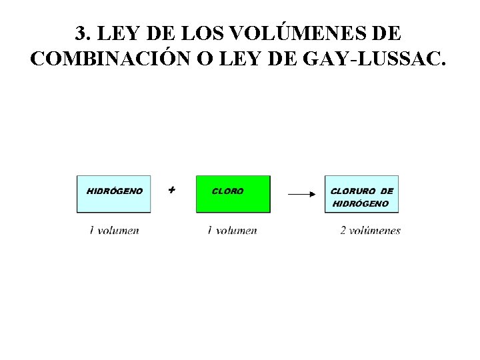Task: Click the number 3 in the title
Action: pyautogui.click(x=80, y=33)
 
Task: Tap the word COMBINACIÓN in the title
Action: pyautogui.click(x=110, y=59)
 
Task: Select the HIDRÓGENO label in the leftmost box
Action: pyautogui.click(x=115, y=191)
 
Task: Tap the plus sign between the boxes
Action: pyautogui.click(x=172, y=190)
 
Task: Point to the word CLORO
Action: pyautogui.click(x=227, y=191)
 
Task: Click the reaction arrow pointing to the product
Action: pyautogui.click(x=301, y=195)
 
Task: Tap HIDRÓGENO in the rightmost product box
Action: pyautogui.click(x=360, y=203)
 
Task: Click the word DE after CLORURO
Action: pyautogui.click(x=387, y=191)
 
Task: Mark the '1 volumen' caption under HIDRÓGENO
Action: pyautogui.click(x=114, y=231)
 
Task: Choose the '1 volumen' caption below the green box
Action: pyautogui.click(x=232, y=231)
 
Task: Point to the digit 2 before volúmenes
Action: pyautogui.click(x=343, y=231)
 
